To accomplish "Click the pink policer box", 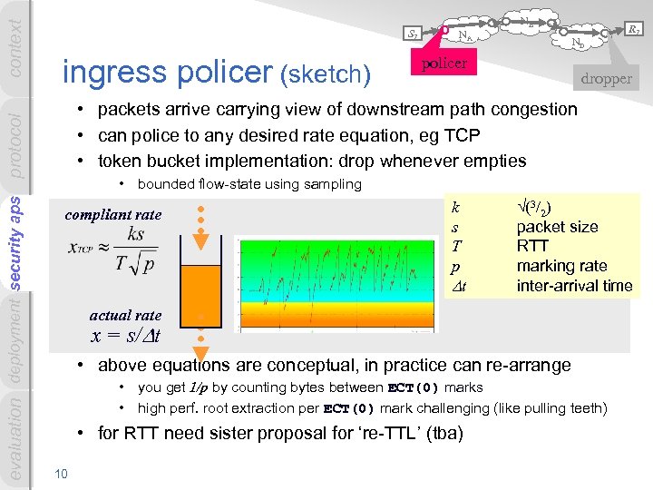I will [445, 64].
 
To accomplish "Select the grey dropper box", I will [606, 78].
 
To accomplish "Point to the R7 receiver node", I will [634, 31].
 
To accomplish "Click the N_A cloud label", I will [463, 36].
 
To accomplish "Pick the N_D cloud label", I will [577, 42].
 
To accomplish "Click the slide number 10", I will [61, 473].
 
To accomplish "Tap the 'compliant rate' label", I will [113, 215].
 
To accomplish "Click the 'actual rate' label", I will [125, 316].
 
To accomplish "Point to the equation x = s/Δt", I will [126, 336].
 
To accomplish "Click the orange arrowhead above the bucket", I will [201, 242].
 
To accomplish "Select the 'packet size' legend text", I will [557, 227].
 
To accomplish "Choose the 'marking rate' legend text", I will [561, 266].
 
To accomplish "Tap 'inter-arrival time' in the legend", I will [574, 286].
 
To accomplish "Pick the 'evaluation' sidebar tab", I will [15, 439].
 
